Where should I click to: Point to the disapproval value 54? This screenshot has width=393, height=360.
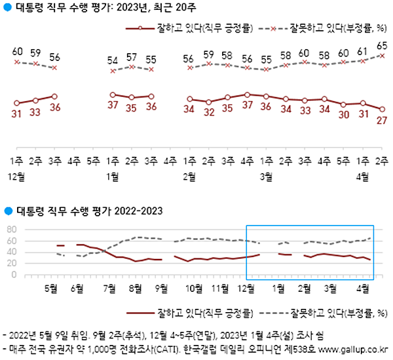pos(112,61)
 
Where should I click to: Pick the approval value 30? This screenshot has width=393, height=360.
pos(343,115)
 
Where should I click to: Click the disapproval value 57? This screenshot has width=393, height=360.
pos(131,56)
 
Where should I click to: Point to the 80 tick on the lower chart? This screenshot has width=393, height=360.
pos(10,230)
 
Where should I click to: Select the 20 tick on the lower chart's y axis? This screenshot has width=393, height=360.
pos(10,264)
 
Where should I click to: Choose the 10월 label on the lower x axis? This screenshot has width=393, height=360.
pos(194,287)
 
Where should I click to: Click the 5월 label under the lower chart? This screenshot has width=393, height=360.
pos(51,287)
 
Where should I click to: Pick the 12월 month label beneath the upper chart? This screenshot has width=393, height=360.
pos(18,176)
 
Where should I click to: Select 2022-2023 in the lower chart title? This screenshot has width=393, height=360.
pos(135,211)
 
